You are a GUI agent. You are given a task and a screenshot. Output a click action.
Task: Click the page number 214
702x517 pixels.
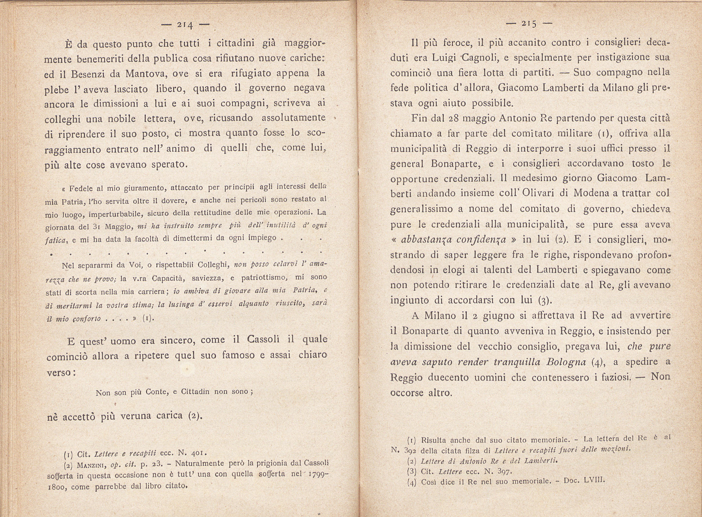pos(185,25)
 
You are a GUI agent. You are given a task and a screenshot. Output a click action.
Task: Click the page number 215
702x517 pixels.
pos(529,24)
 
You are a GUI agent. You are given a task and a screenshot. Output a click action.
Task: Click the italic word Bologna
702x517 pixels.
pos(566,362)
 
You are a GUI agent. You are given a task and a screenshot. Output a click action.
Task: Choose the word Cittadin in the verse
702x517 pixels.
pos(196,392)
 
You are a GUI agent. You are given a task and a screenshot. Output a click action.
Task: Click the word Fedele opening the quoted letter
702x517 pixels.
pos(81,188)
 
